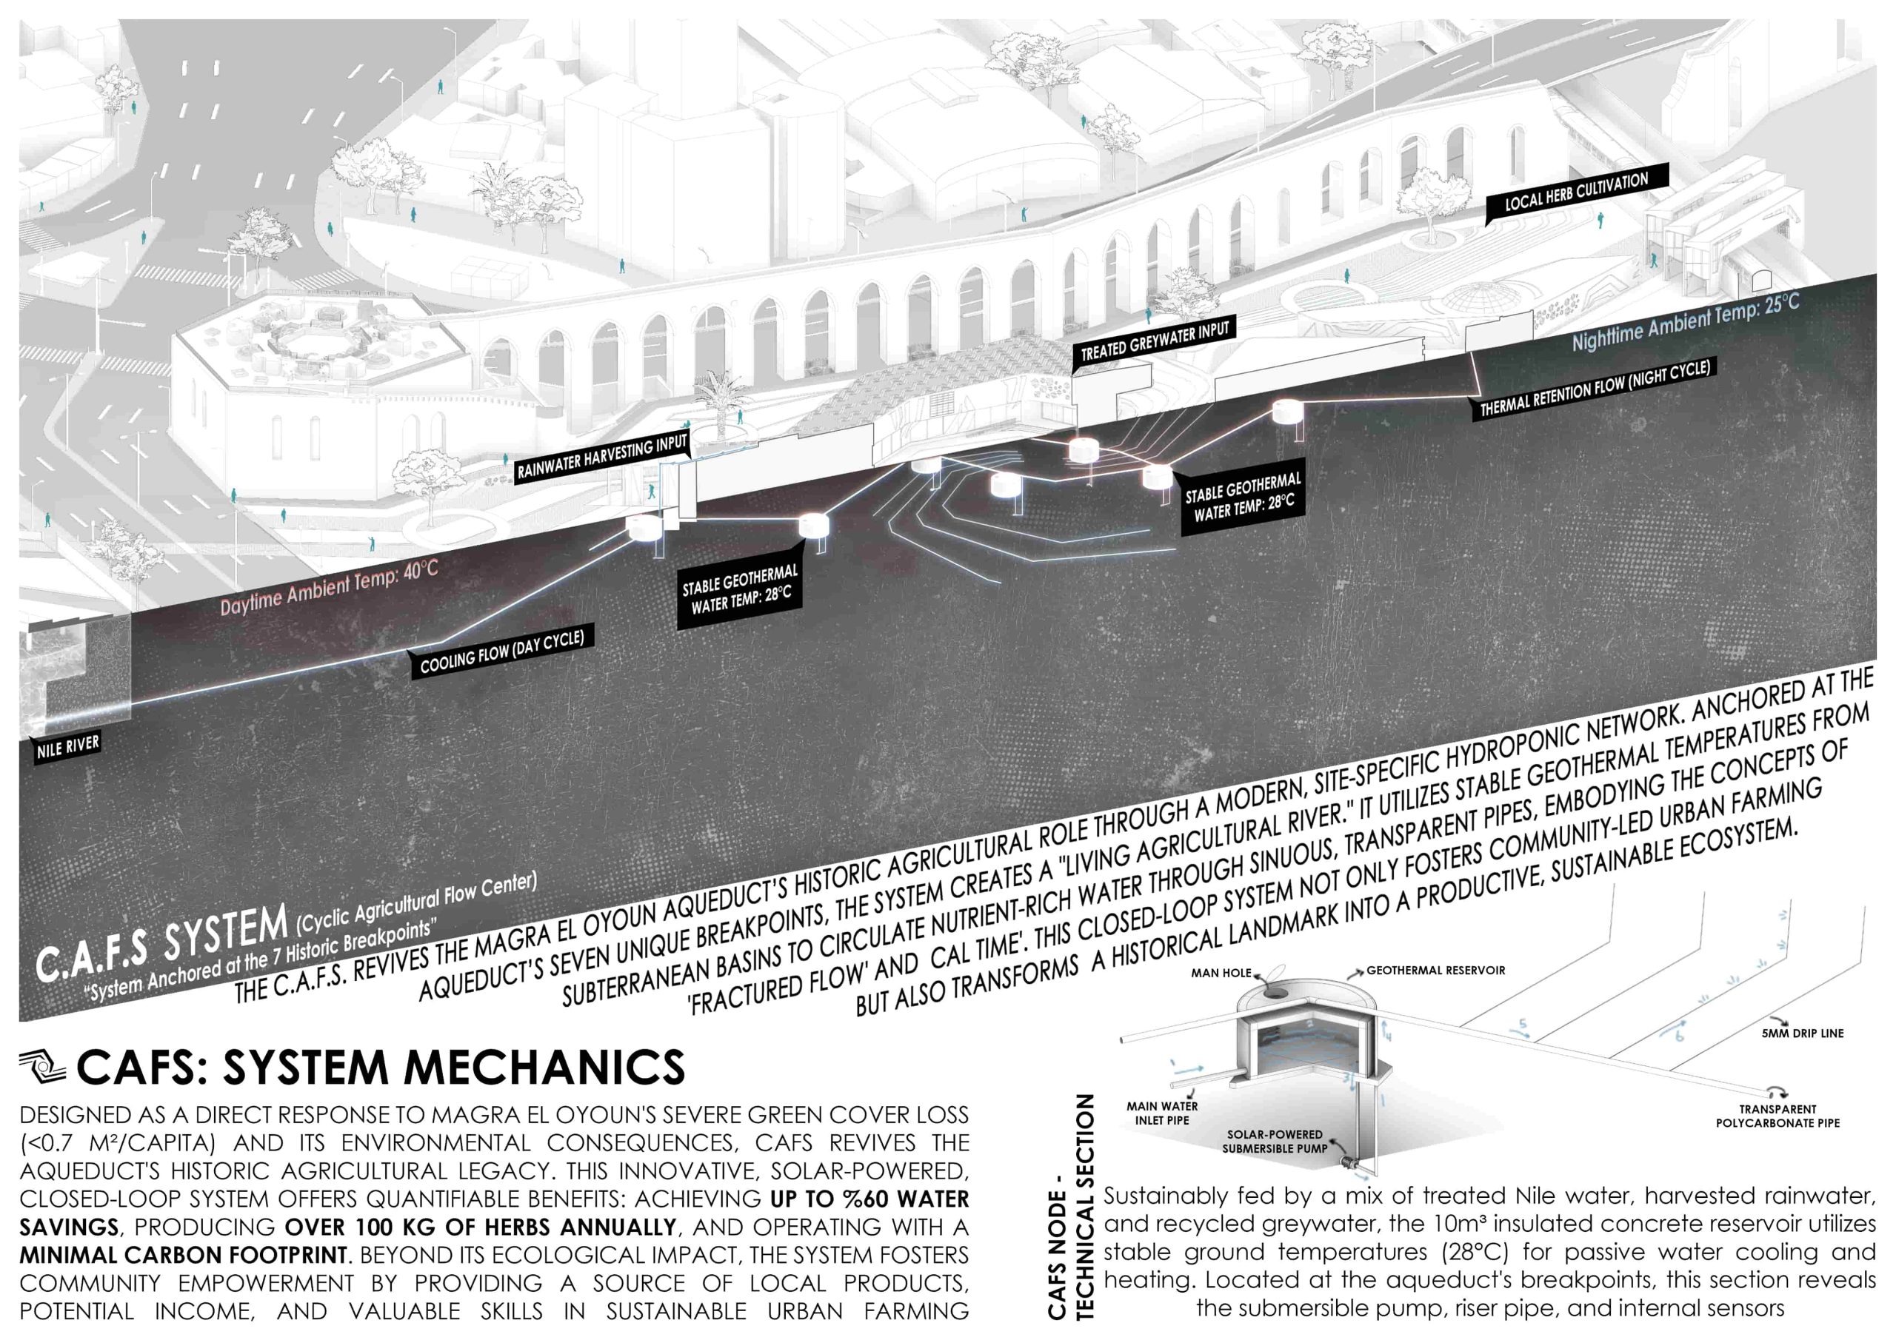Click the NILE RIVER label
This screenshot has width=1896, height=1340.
pos(67,746)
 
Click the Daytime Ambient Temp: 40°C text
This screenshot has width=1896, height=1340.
pos(329,586)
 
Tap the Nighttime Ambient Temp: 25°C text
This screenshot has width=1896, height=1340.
pos(1686,322)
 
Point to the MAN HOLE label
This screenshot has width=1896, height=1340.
pos(1221,973)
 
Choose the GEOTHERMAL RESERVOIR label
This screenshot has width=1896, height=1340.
pos(1435,970)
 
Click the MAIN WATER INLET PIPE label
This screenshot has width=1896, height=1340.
pos(1162,1113)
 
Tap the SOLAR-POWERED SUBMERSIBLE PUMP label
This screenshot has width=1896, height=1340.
pos(1275,1141)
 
